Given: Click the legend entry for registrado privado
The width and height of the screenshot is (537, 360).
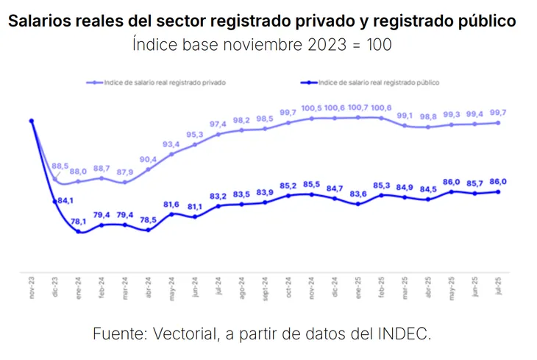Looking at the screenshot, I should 162,82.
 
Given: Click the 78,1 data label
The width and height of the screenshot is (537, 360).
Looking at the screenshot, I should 79,220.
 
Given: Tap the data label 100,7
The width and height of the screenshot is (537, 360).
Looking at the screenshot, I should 358,107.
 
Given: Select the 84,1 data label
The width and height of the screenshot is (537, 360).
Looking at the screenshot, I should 65,200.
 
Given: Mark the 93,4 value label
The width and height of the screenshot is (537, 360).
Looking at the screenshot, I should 171,144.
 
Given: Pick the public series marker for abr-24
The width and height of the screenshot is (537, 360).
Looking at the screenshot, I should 149,230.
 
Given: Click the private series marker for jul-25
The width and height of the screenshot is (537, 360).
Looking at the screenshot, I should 499,123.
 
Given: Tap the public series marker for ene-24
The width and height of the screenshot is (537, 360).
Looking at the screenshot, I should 78,232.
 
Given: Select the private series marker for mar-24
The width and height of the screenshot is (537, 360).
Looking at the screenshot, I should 125,182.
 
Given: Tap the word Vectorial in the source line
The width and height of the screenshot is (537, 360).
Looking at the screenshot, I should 185,333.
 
